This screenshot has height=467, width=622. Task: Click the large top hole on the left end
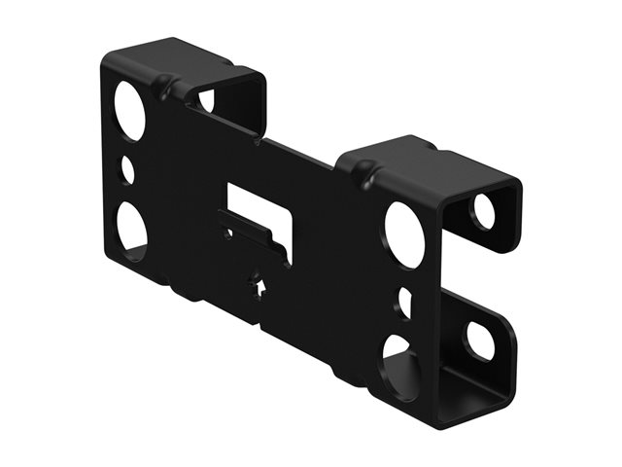129,109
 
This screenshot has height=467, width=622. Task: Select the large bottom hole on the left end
132,228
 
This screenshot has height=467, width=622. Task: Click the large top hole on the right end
404,234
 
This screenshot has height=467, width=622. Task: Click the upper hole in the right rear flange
483,211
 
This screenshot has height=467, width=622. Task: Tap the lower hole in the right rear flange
479,340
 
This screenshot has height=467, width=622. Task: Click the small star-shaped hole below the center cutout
258,286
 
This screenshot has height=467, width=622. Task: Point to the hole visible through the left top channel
207,99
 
